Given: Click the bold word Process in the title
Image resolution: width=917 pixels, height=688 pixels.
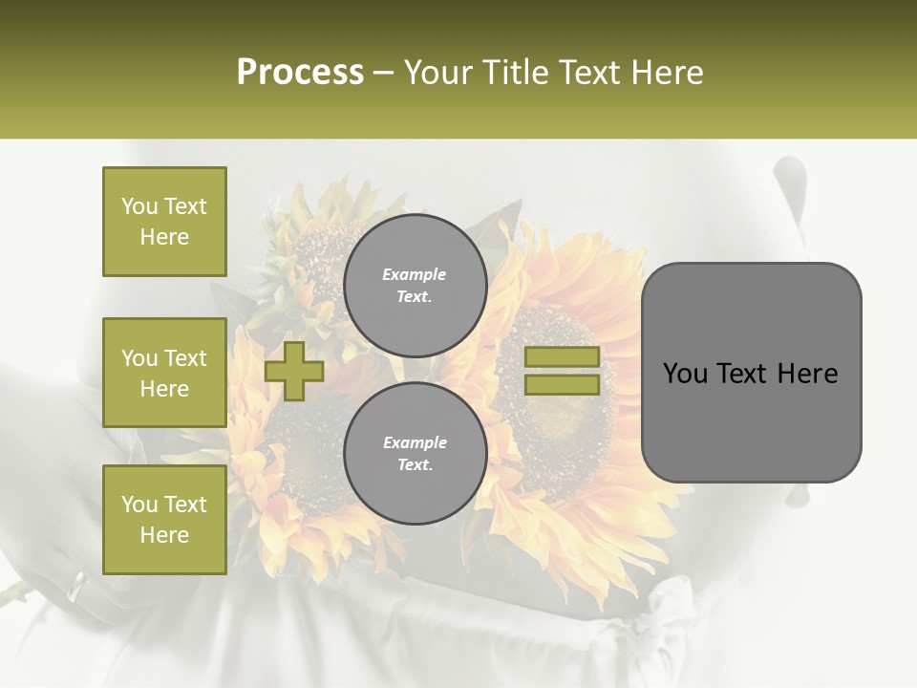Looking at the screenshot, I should pos(300,73).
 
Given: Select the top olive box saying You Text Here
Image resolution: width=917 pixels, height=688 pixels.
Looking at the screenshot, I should pos(164,222).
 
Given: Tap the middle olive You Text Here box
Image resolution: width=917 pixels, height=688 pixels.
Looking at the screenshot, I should pos(164,373).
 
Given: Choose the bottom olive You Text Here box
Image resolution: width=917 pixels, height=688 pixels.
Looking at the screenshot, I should pos(164,520).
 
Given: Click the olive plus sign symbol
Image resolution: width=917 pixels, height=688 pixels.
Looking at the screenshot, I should pos(294,371).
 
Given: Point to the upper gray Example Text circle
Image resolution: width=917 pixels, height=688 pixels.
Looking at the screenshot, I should pos(415,285).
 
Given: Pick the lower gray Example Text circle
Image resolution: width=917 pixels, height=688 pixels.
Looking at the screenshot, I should pos(415,453).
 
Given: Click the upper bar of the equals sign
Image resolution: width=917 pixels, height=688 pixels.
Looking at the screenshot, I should pos(562,357).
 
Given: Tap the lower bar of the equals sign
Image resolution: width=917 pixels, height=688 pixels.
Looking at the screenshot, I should pos(562,385).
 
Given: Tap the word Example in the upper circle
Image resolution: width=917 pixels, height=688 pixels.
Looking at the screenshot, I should pos(415,274).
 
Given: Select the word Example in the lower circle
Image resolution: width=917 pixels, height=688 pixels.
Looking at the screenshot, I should pos(415,442).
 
